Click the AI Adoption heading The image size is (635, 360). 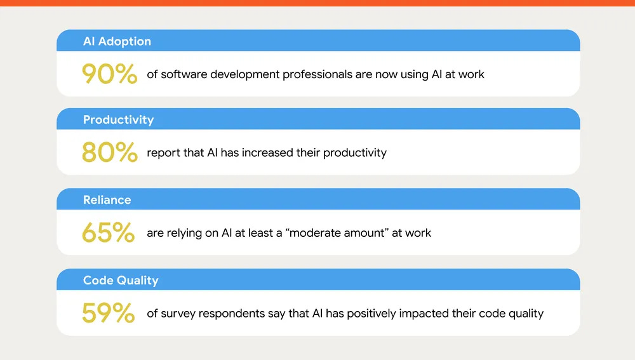point(117,41)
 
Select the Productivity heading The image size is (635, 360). point(118,120)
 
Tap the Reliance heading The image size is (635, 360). point(107,200)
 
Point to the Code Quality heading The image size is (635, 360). point(121,280)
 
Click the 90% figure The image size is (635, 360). point(109,74)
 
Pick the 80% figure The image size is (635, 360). point(109,153)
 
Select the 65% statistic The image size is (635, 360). point(108,233)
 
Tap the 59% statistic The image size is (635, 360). point(108,313)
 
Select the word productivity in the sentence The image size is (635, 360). point(355,153)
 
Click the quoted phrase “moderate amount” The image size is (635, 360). point(340,233)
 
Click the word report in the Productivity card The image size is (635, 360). point(163,153)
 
